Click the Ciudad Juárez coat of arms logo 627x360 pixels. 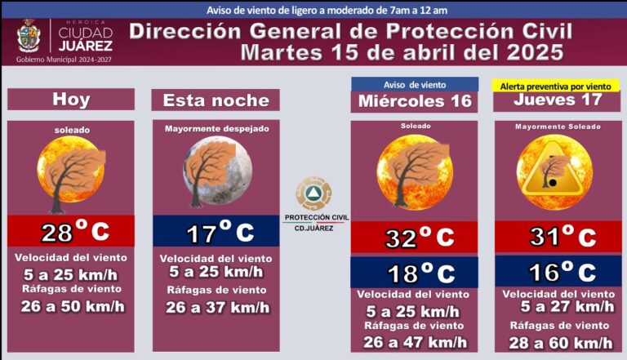tap(28, 36)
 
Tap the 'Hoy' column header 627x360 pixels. tap(71, 100)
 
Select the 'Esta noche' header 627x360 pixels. tap(216, 100)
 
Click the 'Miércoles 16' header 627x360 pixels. tap(415, 101)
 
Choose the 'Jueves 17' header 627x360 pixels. tap(558, 100)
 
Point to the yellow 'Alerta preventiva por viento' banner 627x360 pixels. tap(554, 85)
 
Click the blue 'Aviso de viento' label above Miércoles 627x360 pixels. tap(415, 84)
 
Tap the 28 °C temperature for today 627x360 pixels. tap(72, 232)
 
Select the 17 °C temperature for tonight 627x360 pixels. tap(216, 233)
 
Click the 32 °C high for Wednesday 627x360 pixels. tap(415, 238)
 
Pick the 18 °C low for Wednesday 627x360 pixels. tap(415, 273)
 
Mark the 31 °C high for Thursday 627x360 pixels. tap(558, 238)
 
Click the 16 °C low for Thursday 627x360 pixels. tap(558, 272)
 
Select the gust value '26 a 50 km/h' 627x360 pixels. tap(71, 306)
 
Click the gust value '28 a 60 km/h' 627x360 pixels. tap(558, 343)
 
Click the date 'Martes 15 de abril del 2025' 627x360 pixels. tap(402, 53)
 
